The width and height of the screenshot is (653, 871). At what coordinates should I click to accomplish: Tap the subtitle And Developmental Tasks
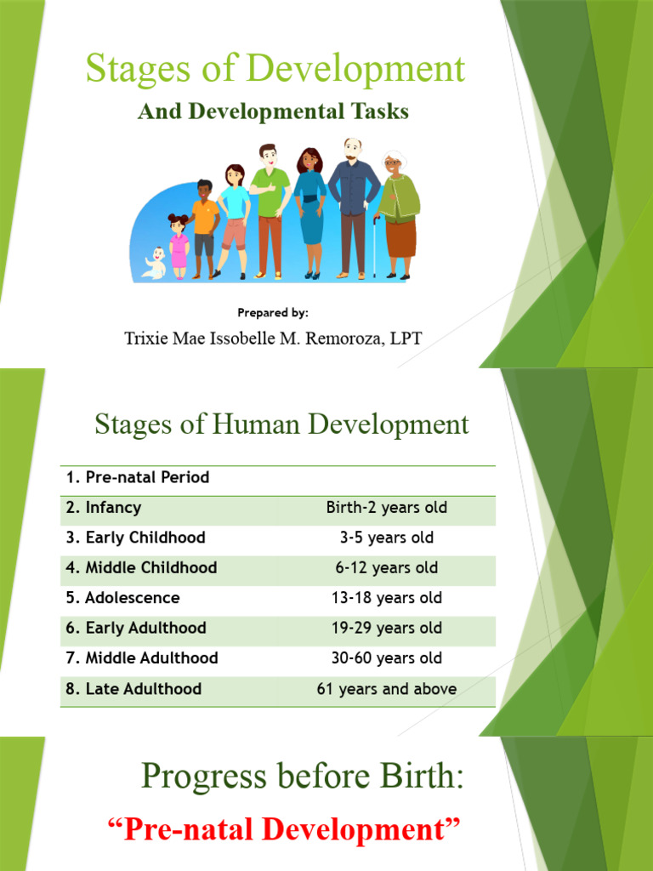pos(273,111)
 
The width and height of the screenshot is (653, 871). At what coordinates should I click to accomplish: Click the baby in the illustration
pos(156,264)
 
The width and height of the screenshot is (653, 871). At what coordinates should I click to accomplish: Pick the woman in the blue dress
pos(309,213)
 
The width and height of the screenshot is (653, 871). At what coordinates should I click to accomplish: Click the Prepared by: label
pos(273,313)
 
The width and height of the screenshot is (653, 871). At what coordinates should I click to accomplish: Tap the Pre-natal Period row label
pos(138,478)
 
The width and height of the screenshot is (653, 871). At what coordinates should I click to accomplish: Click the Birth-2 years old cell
pos(386,508)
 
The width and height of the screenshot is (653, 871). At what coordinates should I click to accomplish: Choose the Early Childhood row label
pos(136,538)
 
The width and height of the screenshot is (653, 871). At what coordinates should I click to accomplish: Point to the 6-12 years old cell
pos(386,568)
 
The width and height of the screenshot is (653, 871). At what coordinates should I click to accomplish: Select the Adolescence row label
pos(123,598)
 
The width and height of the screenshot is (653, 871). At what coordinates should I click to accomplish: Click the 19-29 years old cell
pos(386,629)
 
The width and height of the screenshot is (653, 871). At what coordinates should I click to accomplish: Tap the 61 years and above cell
pos(386,689)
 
